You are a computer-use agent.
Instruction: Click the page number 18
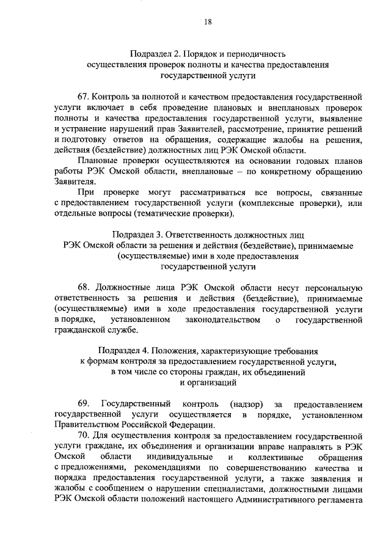[208, 22]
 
